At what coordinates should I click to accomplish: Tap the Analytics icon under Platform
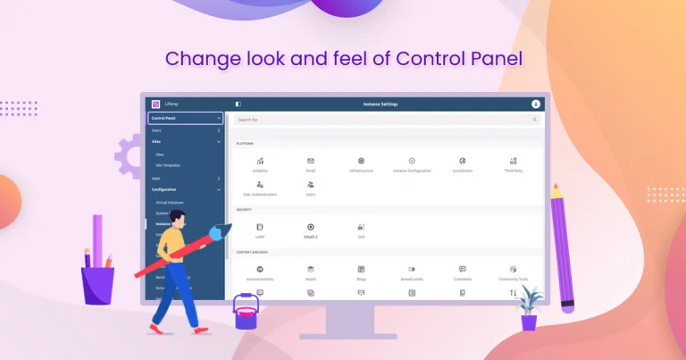click(260, 161)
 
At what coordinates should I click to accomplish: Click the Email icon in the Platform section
click(311, 161)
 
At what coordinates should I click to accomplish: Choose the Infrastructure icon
click(361, 161)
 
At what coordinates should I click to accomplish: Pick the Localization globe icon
click(463, 161)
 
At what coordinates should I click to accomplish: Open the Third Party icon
click(514, 161)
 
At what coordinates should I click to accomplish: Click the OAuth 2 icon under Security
click(311, 227)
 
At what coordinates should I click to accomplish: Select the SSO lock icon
click(361, 227)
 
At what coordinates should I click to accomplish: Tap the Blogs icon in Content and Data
click(361, 268)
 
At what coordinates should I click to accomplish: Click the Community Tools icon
click(514, 268)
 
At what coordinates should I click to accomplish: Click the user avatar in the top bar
click(536, 104)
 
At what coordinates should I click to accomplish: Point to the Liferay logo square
click(155, 104)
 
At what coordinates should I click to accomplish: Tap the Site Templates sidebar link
click(168, 166)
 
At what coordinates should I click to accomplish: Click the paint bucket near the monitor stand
click(247, 315)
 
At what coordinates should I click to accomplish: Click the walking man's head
click(176, 220)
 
